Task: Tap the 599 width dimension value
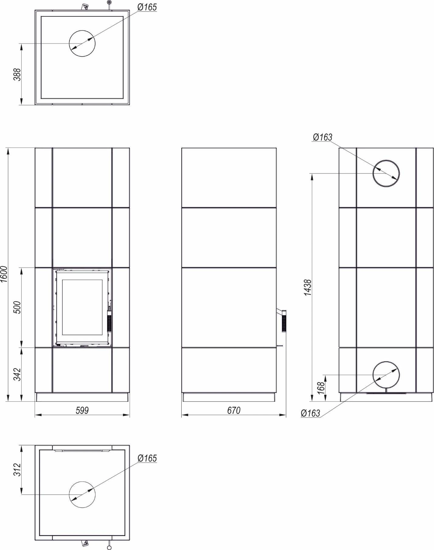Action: tap(82, 410)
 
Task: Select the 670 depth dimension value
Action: tap(234, 410)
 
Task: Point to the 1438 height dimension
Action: tap(307, 287)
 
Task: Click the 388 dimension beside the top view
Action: tap(17, 74)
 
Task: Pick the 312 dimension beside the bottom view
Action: tap(17, 470)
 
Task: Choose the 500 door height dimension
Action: tap(17, 307)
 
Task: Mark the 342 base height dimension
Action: tap(17, 374)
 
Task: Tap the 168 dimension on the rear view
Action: tap(321, 388)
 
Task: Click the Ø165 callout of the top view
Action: tap(147, 7)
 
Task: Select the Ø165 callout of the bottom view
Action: tap(147, 458)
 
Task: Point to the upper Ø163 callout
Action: tap(323, 137)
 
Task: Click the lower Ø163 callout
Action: tap(311, 413)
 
